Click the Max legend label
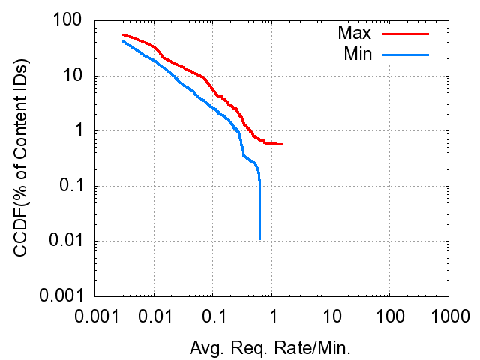pyautogui.click(x=355, y=33)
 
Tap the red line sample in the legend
pyautogui.click(x=406, y=34)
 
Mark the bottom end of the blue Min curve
pyautogui.click(x=259, y=238)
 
